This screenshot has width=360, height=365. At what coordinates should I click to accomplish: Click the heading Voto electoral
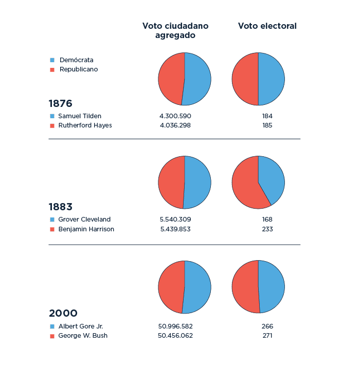pos(267,26)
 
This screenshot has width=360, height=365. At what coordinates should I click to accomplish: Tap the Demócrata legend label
pos(76,60)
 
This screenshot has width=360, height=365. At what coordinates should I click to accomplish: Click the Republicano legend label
pos(78,69)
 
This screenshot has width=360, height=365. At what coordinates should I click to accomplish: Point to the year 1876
pos(60,103)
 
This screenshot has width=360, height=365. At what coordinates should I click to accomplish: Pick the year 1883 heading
pos(60,207)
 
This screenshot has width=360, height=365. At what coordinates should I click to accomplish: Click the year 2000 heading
pos(63,313)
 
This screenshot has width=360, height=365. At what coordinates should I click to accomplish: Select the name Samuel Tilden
pos(80,116)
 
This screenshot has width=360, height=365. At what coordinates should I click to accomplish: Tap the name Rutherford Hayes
pos(85,125)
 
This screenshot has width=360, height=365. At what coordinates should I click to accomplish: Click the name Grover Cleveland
pos(84,220)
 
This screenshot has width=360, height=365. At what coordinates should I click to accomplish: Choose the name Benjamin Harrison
pos(86,229)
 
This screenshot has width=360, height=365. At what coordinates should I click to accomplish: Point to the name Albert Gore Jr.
pos(81,326)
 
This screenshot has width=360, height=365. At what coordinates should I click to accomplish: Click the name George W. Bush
pos(83,336)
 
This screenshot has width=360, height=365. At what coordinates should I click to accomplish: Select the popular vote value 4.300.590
pos(175,116)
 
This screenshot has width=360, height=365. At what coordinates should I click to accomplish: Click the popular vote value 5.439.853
pos(175,229)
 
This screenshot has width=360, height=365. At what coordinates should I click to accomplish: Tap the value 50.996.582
pos(175,326)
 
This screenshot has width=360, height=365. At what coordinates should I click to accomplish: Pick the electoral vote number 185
pos(267,125)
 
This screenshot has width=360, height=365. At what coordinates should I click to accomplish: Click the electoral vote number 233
pos(267,229)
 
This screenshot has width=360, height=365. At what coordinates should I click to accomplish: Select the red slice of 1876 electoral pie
pos(245,79)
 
